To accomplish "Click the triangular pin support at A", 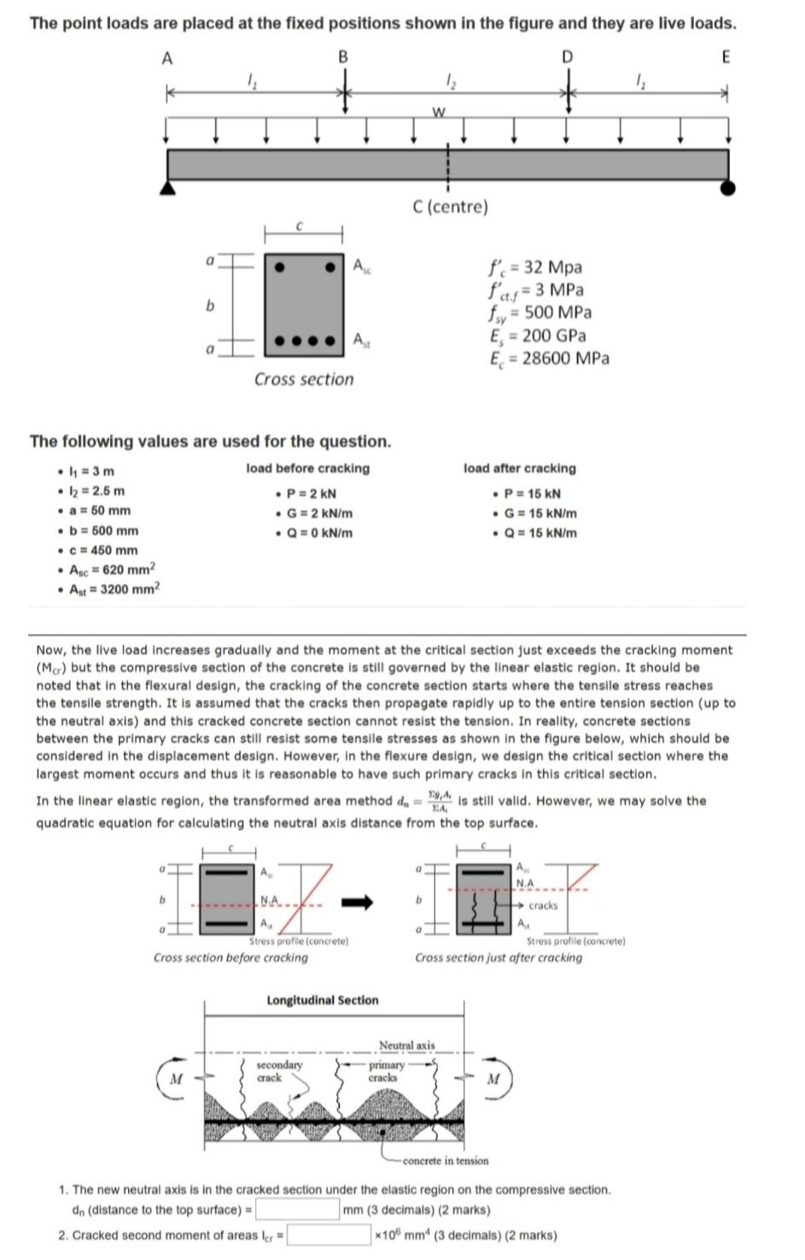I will pyautogui.click(x=169, y=188).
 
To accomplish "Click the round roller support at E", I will pyautogui.click(x=727, y=188).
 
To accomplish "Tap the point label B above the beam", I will pyautogui.click(x=343, y=57).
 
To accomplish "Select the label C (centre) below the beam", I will pyautogui.click(x=449, y=207).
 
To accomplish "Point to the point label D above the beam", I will pyautogui.click(x=567, y=57).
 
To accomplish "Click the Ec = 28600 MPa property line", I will pyautogui.click(x=549, y=359).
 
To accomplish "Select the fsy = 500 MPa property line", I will pyautogui.click(x=540, y=312).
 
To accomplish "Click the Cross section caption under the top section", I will pyautogui.click(x=303, y=379).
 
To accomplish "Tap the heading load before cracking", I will pyautogui.click(x=307, y=469).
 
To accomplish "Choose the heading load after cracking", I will pyautogui.click(x=519, y=469).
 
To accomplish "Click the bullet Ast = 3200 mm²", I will pyautogui.click(x=114, y=588).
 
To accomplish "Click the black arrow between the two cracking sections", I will pyautogui.click(x=359, y=902).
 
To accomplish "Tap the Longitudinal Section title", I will pyautogui.click(x=323, y=1000).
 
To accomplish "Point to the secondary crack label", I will pyautogui.click(x=279, y=1070).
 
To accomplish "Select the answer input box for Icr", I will pyautogui.click(x=330, y=1235).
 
